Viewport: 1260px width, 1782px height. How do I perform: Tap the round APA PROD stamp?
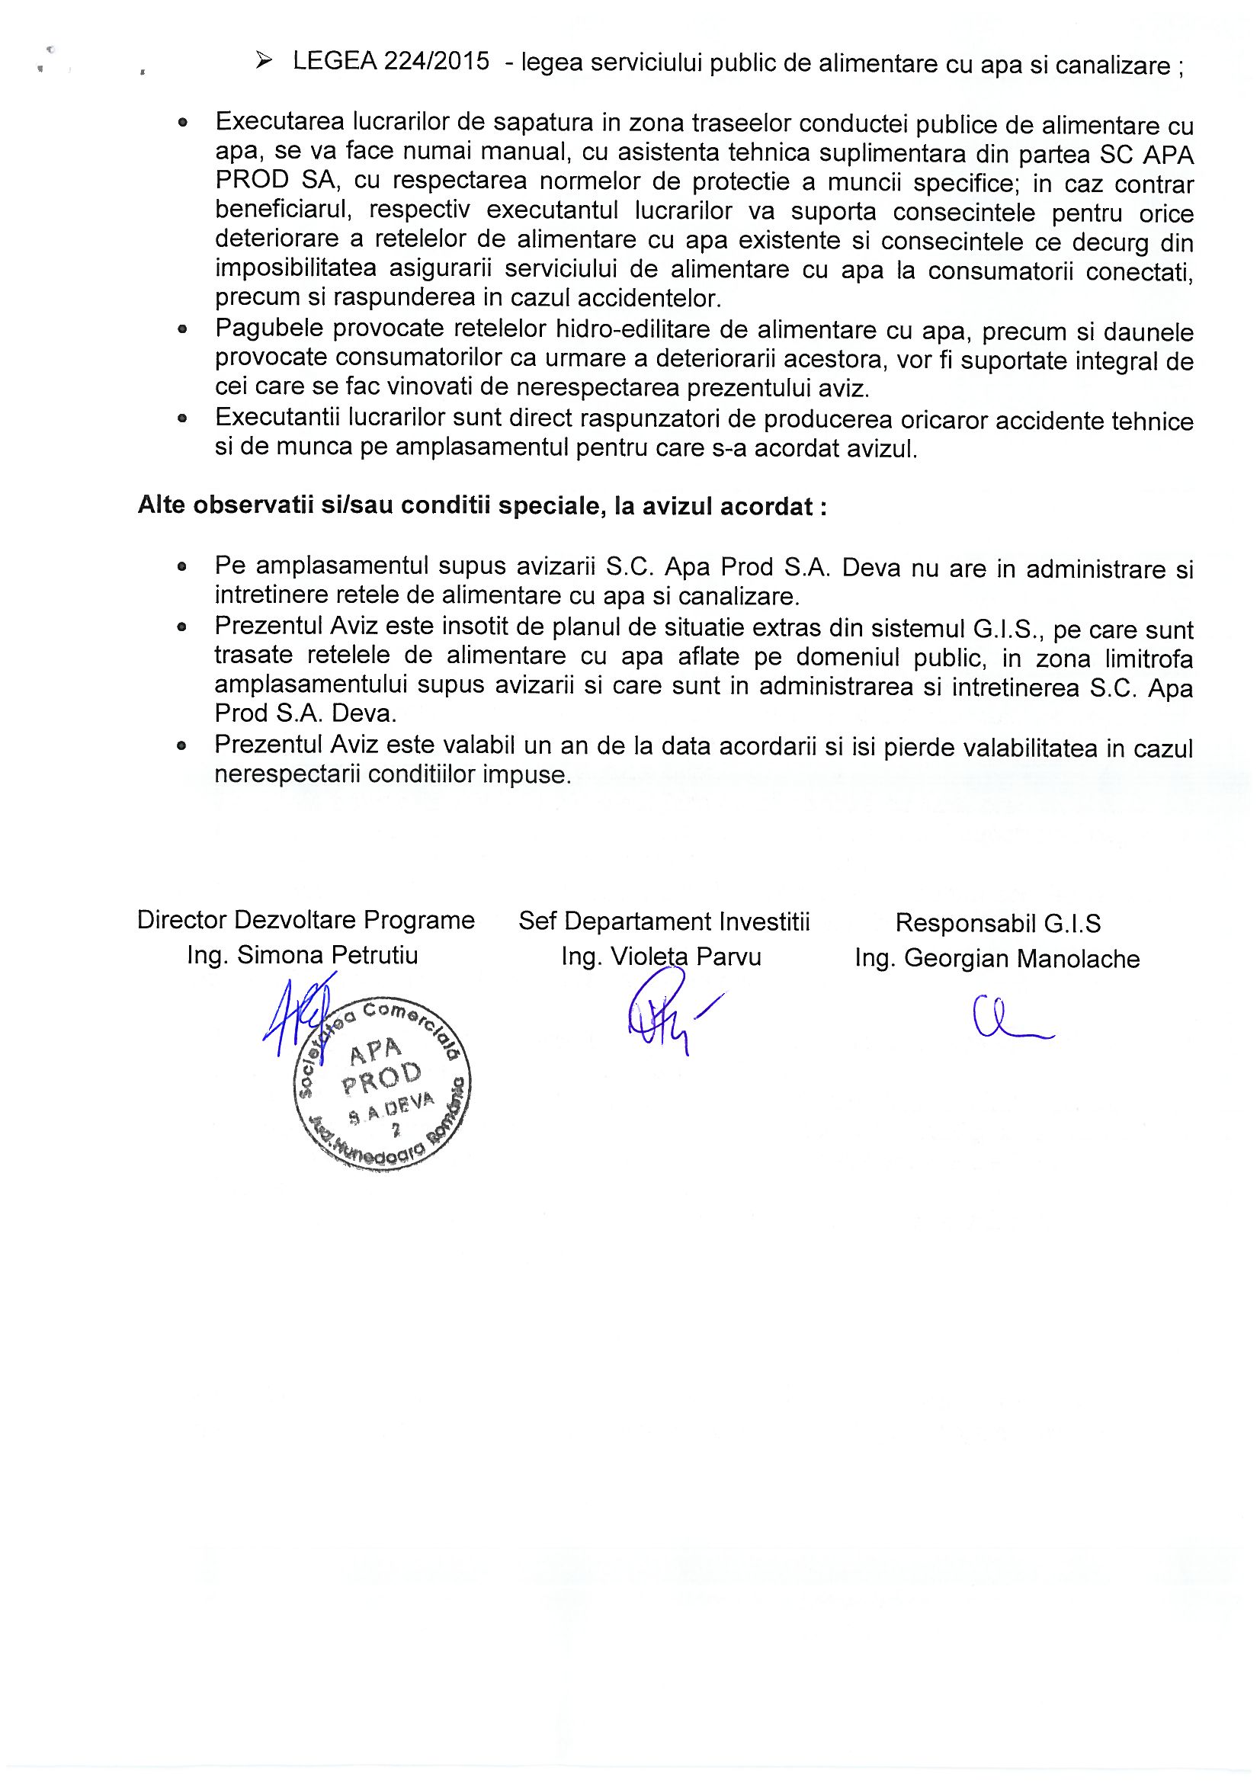382,1084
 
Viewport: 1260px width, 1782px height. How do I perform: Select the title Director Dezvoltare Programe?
306,921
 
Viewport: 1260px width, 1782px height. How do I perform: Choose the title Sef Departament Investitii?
664,922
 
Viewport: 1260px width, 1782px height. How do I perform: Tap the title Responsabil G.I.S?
998,924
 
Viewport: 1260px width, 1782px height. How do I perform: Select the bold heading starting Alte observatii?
481,506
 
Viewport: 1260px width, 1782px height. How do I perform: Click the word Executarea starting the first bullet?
279,122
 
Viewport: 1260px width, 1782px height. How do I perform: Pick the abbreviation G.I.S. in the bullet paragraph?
1002,629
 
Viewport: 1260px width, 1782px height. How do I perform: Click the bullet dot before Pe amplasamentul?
182,567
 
